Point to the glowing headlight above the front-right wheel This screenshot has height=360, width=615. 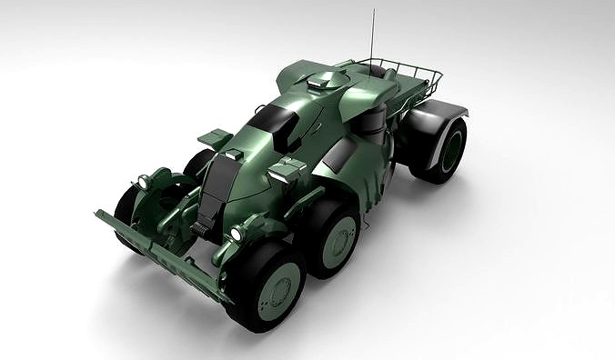point(236,235)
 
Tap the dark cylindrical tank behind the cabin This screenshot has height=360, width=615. point(377,122)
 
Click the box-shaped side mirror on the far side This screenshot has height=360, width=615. point(214,136)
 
